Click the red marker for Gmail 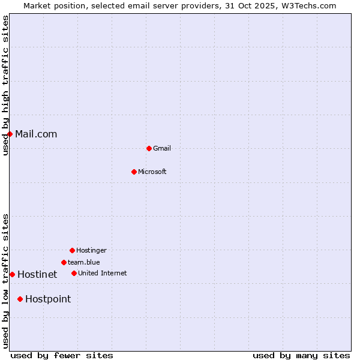point(149,148)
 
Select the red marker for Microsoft point(134,172)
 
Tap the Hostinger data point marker point(72,250)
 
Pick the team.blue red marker point(64,262)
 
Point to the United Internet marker point(74,273)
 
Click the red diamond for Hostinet point(12,274)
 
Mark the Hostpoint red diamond point(20,299)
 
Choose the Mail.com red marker point(10,134)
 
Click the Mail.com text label point(36,134)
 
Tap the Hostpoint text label point(48,299)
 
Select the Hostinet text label point(37,274)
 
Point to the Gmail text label point(162,148)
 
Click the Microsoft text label point(152,172)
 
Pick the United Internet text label point(103,273)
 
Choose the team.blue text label point(84,262)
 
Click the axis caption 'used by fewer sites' point(62,355)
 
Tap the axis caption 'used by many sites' point(301,355)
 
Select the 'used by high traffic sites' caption point(5,85)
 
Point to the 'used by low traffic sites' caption point(5,281)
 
